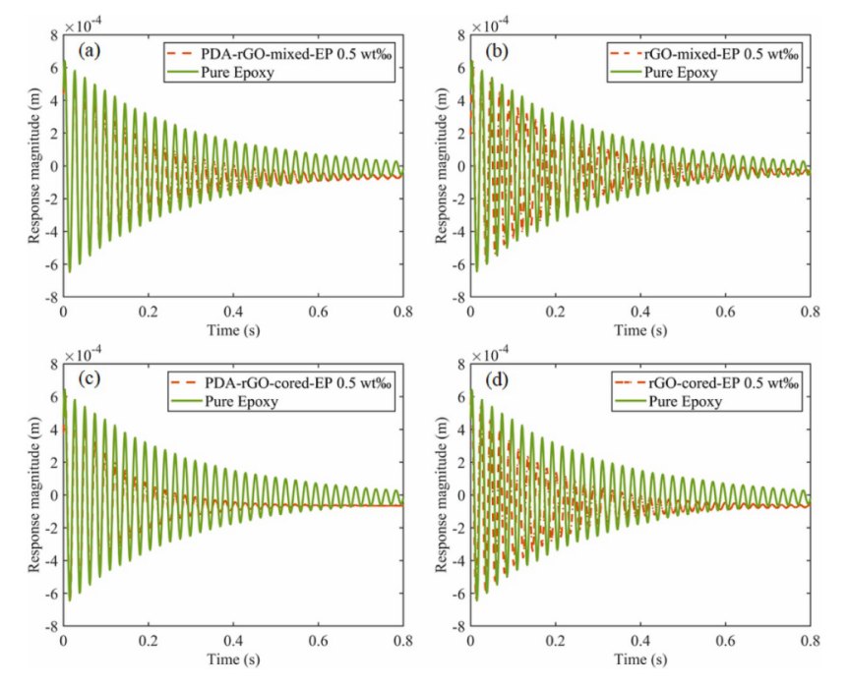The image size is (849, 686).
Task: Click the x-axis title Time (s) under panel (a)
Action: pos(232,330)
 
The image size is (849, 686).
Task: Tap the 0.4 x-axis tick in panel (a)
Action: pos(232,312)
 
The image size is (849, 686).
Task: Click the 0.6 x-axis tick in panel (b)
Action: pos(725,312)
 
